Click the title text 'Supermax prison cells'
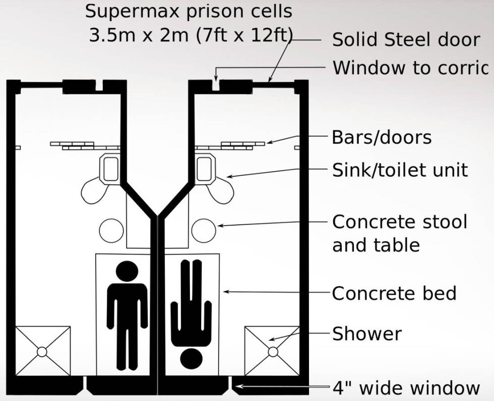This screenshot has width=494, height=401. [189, 11]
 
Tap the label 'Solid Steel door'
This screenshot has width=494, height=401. [406, 40]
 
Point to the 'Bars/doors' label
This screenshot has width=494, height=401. [382, 137]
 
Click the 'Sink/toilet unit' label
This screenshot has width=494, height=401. [400, 170]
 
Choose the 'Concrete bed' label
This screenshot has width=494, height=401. [394, 293]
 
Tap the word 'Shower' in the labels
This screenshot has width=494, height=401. [367, 334]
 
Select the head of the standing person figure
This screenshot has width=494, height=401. [127, 272]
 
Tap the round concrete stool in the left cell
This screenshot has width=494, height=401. [111, 230]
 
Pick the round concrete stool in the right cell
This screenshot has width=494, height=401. [204, 230]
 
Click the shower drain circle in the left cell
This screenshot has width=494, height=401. [42, 351]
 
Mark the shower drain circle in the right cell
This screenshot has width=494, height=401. [273, 351]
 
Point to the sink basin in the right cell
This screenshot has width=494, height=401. [205, 169]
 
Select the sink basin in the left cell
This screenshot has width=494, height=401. [110, 169]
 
